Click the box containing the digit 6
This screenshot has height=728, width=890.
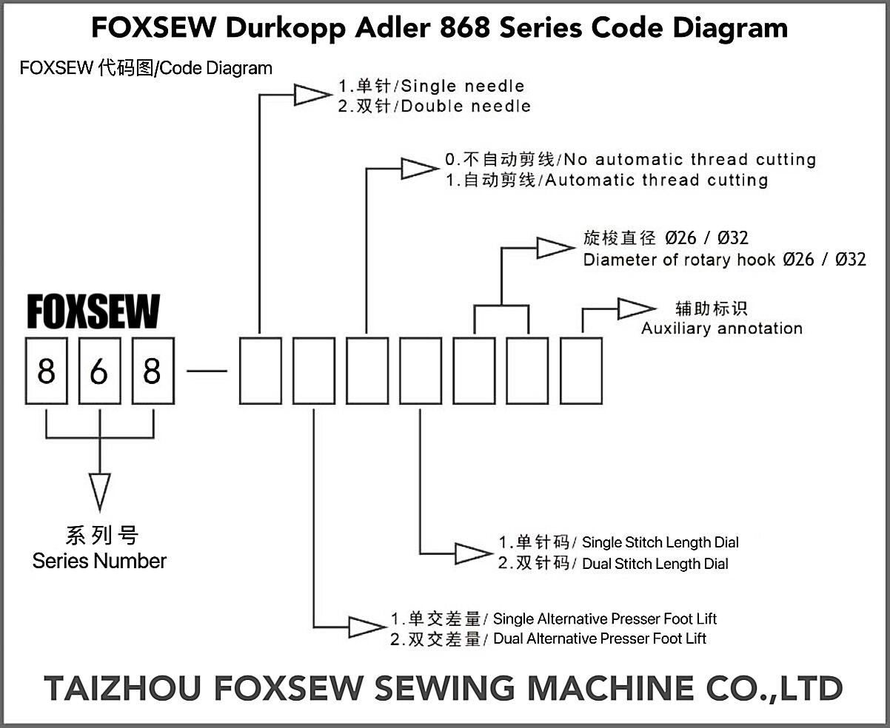click(100, 371)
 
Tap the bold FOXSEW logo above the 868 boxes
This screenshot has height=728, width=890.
click(93, 311)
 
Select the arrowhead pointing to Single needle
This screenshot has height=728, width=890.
click(312, 95)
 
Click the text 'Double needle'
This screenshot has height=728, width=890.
click(466, 107)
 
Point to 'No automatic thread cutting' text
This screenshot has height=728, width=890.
click(689, 159)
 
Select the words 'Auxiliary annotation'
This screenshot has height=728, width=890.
click(722, 328)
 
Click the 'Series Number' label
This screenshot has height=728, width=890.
click(100, 561)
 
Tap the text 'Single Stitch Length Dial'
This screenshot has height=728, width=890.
click(660, 542)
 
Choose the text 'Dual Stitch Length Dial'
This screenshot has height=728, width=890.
click(655, 564)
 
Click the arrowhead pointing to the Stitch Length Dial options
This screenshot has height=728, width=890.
click(473, 554)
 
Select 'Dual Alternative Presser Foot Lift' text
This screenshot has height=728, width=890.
click(600, 638)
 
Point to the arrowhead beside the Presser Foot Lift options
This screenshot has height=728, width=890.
click(367, 627)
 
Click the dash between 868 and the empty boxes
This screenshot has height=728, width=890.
click(207, 371)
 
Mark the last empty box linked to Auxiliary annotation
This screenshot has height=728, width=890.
click(581, 371)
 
